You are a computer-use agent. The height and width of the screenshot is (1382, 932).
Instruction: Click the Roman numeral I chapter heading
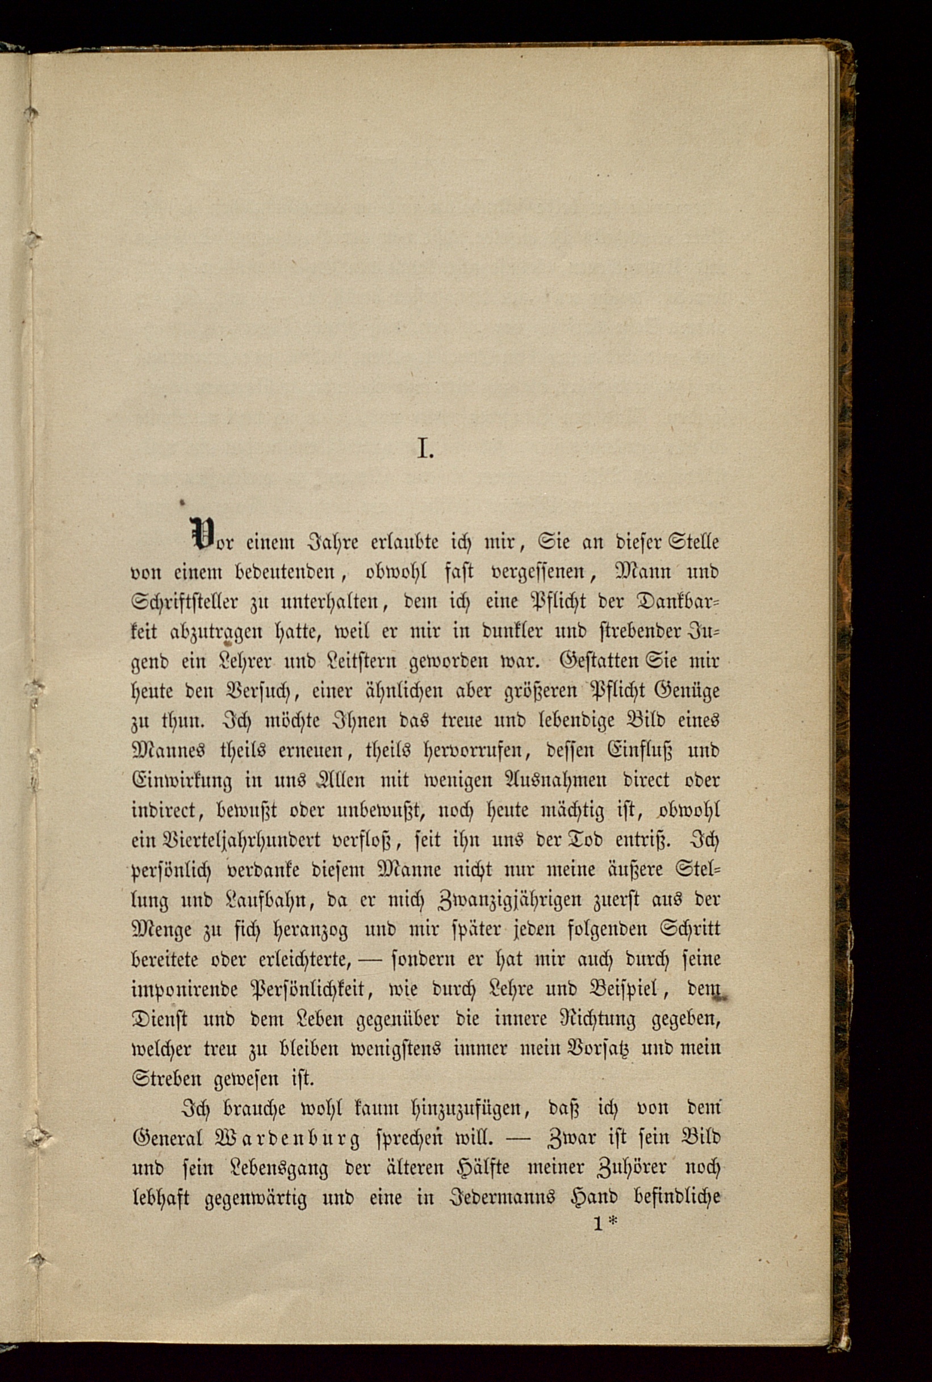424,449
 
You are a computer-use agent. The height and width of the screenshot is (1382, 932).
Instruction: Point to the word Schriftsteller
185,602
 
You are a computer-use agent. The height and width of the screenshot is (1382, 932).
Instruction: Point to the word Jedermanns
494,1198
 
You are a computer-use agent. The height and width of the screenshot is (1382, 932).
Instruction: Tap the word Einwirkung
182,781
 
